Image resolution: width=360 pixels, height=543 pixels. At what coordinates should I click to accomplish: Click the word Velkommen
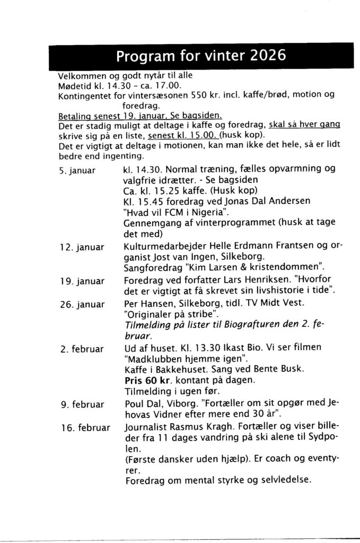point(83,75)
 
